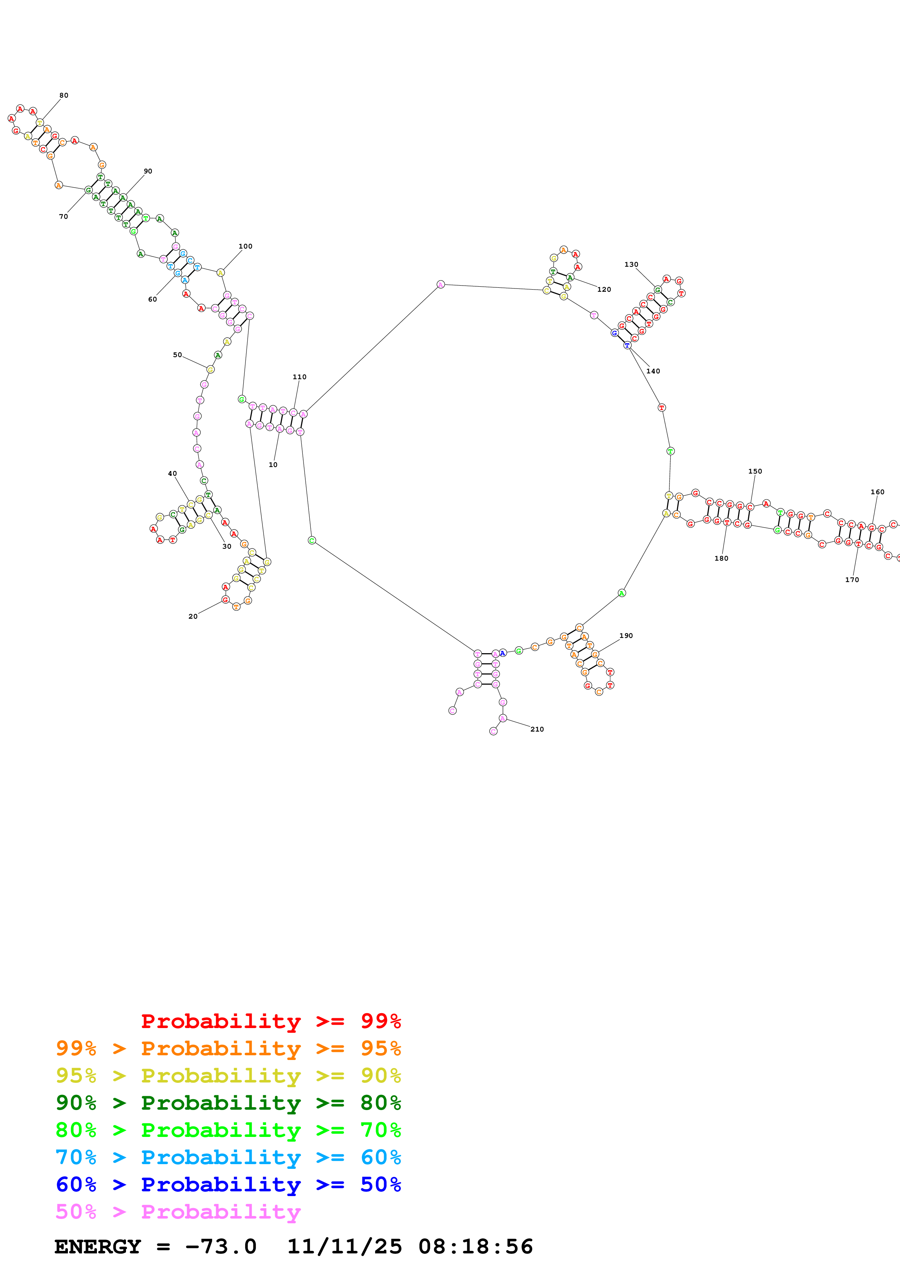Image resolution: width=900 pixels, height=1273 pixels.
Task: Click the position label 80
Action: coord(64,95)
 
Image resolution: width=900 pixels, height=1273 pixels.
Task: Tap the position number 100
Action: coord(245,246)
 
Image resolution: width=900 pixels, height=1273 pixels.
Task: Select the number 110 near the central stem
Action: coord(300,376)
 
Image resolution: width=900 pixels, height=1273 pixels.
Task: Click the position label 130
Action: coord(631,265)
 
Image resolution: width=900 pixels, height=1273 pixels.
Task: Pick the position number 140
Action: coord(653,371)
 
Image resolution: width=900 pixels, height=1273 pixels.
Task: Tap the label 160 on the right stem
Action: coord(877,492)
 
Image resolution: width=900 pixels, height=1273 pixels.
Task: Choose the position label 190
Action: coord(626,635)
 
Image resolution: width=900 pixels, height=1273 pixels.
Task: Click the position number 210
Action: coord(537,729)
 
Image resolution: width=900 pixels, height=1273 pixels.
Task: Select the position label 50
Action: coord(178,355)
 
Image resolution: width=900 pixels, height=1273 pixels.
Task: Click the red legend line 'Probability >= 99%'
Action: coord(270,1021)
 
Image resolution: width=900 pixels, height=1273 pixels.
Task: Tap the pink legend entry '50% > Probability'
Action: coord(178,1211)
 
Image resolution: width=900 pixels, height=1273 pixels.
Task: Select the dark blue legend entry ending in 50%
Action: coord(228,1184)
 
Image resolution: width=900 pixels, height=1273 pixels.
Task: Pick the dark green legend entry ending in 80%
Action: coord(228,1103)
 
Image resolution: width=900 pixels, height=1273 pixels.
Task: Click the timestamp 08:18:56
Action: coord(475,1247)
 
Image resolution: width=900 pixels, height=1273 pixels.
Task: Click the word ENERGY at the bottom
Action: coord(98,1247)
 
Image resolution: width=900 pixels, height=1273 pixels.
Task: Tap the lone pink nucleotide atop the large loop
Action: coord(440,285)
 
